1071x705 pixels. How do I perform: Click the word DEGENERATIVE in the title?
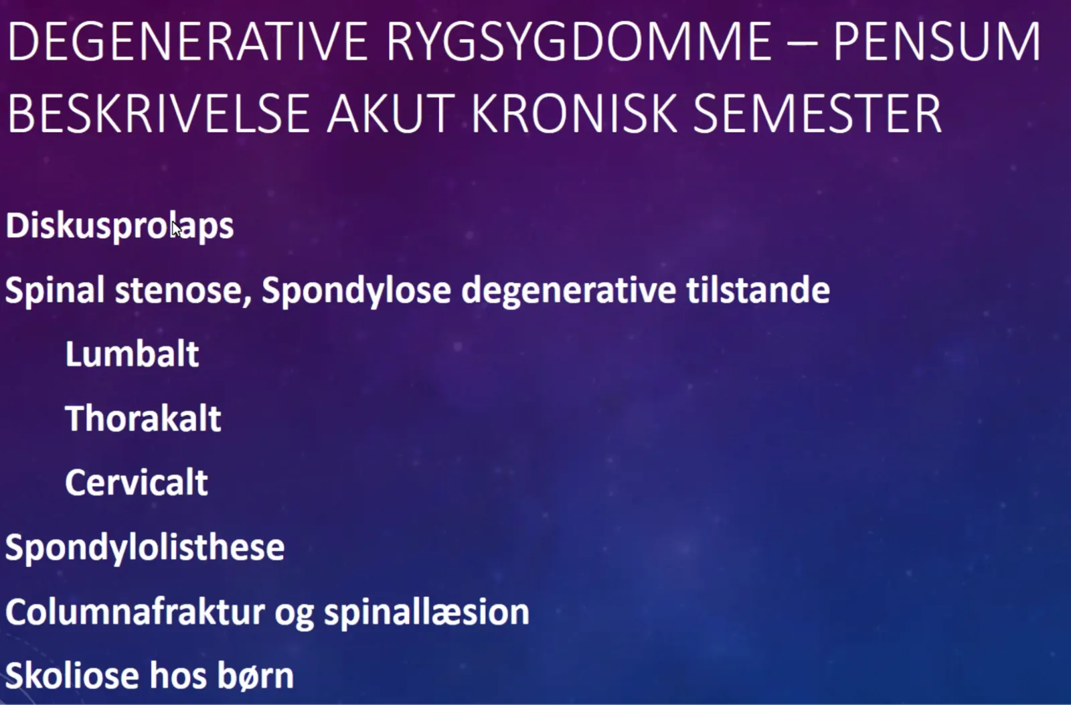tap(189, 42)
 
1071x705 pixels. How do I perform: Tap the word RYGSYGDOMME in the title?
tap(578, 42)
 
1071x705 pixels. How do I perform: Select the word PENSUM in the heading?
tap(936, 42)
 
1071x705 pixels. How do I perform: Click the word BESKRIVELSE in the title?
tap(159, 113)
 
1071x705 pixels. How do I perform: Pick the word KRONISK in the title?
tap(574, 113)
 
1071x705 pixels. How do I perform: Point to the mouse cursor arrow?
tap(177, 228)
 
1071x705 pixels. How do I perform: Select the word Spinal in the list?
tap(55, 291)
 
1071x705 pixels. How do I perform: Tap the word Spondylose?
tap(356, 291)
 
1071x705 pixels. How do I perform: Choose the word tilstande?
tap(758, 290)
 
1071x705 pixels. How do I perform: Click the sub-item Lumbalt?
tap(132, 354)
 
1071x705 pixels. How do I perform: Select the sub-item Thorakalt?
tap(143, 418)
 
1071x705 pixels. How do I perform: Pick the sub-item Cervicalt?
tap(137, 483)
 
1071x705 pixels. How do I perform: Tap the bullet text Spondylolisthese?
tap(145, 548)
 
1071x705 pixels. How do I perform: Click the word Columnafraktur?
tap(135, 611)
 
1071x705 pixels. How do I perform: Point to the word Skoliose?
tap(72, 676)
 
